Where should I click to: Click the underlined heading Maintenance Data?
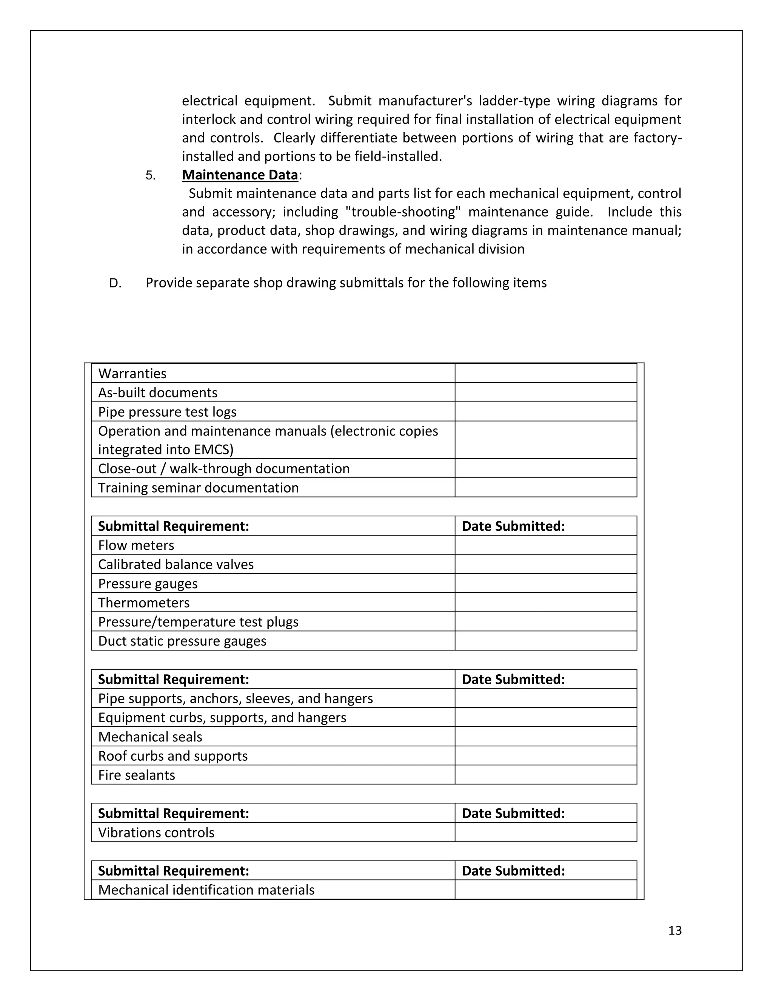[x=240, y=175]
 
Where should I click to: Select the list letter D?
[x=115, y=283]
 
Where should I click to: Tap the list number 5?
[x=150, y=176]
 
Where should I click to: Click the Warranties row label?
[x=132, y=374]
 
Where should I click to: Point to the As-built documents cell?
[x=157, y=393]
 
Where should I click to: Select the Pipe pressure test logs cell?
[x=167, y=412]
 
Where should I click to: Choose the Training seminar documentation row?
[x=198, y=488]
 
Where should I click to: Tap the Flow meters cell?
[x=136, y=545]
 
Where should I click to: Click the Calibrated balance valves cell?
[x=176, y=565]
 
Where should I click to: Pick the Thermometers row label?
[x=143, y=603]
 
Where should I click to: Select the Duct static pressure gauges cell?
[x=182, y=641]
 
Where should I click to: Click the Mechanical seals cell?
[x=150, y=737]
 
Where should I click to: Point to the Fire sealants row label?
[x=137, y=775]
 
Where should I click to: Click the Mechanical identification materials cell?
[x=206, y=890]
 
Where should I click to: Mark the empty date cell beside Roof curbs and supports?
[x=545, y=756]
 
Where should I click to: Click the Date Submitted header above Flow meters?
[x=513, y=526]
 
